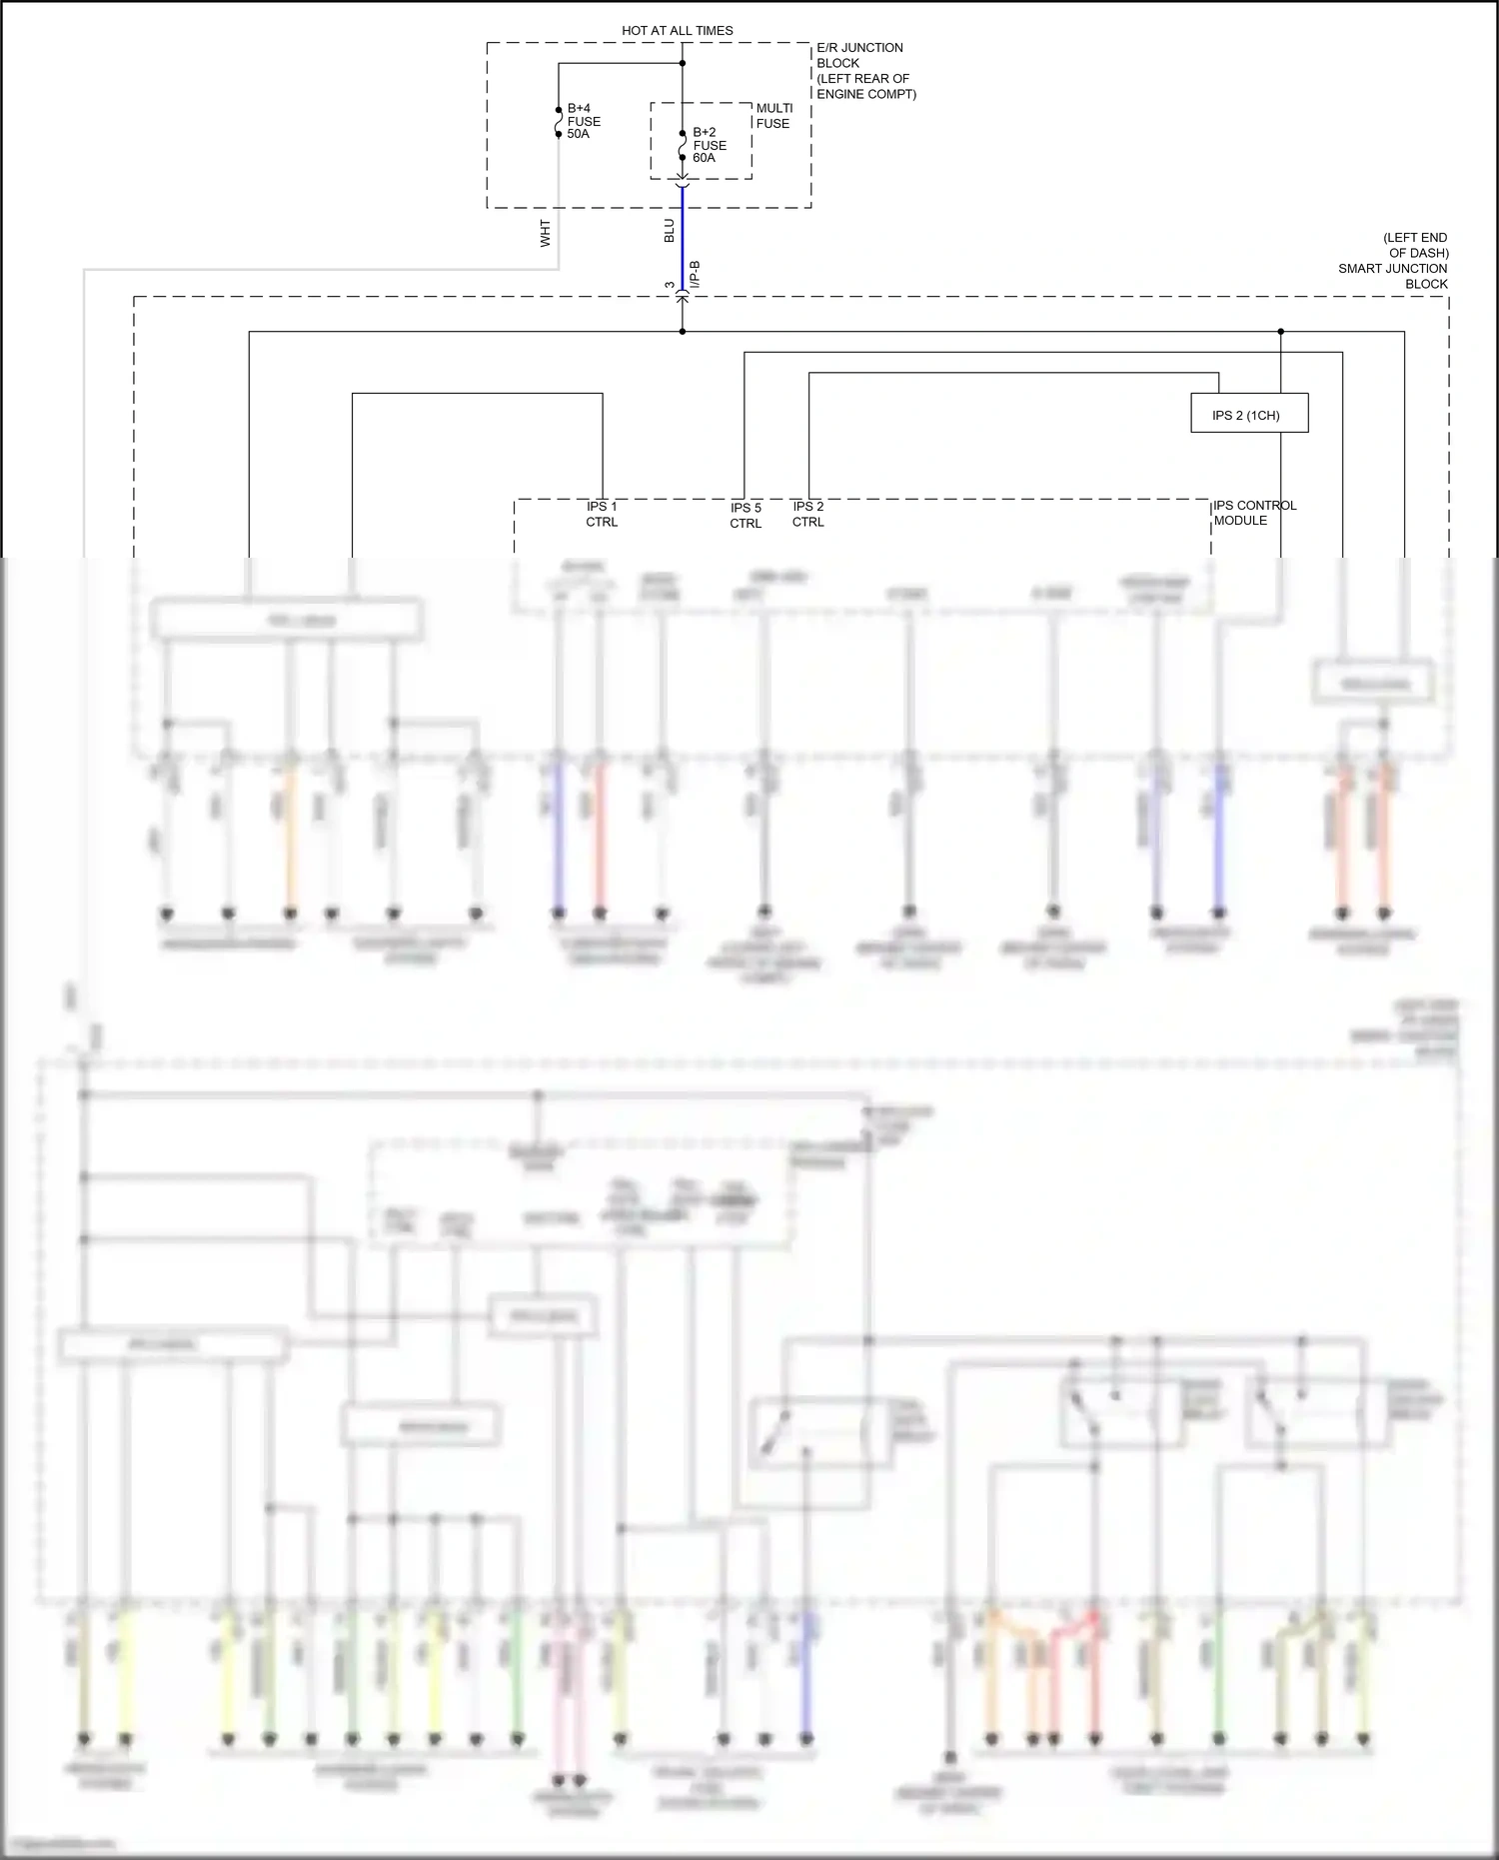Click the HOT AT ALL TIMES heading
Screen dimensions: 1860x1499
pyautogui.click(x=677, y=31)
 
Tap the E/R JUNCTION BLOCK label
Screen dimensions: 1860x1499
pyautogui.click(x=859, y=55)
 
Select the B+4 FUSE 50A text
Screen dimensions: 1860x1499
pyautogui.click(x=584, y=121)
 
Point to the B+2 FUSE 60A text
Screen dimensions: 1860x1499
pyautogui.click(x=709, y=145)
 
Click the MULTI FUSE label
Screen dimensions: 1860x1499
pyautogui.click(x=773, y=116)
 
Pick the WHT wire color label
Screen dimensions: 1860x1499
pyautogui.click(x=546, y=234)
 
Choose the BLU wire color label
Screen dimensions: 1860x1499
pyautogui.click(x=670, y=231)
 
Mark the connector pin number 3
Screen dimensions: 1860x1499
pyautogui.click(x=670, y=286)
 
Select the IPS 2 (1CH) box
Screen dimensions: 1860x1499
pyautogui.click(x=1248, y=415)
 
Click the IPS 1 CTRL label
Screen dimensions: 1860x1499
pyautogui.click(x=602, y=514)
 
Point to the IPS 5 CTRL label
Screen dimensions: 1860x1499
pyautogui.click(x=746, y=516)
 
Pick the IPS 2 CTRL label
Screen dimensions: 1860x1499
pyautogui.click(x=808, y=514)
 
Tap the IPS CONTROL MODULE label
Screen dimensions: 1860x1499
pyautogui.click(x=1254, y=513)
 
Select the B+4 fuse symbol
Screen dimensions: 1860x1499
pyautogui.click(x=559, y=121)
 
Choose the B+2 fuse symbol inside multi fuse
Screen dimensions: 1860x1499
pyautogui.click(x=683, y=145)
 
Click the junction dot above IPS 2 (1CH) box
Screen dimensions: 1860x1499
pyautogui.click(x=1280, y=332)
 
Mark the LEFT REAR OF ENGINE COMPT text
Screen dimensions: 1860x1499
pyautogui.click(x=865, y=86)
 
